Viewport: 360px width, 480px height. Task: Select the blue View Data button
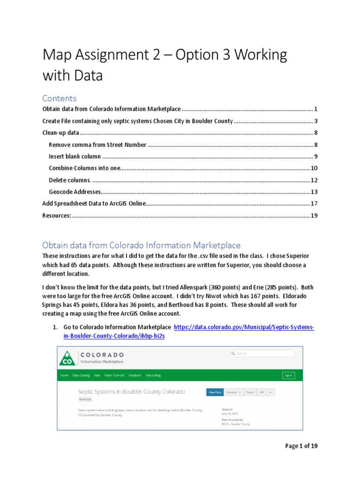pyautogui.click(x=215, y=392)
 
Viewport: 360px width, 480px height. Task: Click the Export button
pyautogui.click(x=251, y=392)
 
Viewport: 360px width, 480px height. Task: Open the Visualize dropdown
pyautogui.click(x=233, y=392)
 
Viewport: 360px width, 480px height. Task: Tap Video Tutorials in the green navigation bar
pyautogui.click(x=114, y=375)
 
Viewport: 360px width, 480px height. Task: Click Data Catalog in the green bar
pyautogui.click(x=81, y=375)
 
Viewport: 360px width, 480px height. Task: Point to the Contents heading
pyautogui.click(x=59, y=98)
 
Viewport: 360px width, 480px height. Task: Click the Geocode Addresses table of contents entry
pyautogui.click(x=75, y=192)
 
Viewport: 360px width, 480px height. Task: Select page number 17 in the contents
pyautogui.click(x=314, y=203)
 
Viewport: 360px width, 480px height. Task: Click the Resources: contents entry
pyautogui.click(x=57, y=215)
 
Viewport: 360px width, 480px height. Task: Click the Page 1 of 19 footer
pyautogui.click(x=301, y=446)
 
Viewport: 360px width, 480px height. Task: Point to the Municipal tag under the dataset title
pyautogui.click(x=85, y=400)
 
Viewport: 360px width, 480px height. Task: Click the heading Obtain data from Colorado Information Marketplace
pyautogui.click(x=141, y=245)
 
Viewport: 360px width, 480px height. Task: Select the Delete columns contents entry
pyautogui.click(x=70, y=180)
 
